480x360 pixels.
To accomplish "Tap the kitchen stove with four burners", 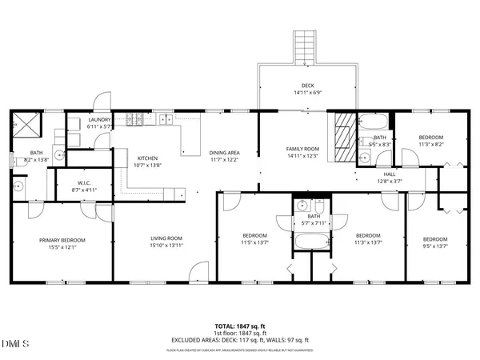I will click(x=136, y=121).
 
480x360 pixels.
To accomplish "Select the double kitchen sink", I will click(x=166, y=121).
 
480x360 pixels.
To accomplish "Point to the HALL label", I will click(x=390, y=174).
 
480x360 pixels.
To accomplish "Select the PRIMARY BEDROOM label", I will click(x=63, y=239).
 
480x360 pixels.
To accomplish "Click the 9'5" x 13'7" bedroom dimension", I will click(x=435, y=246).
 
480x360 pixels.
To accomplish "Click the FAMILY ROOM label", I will click(x=303, y=149).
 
